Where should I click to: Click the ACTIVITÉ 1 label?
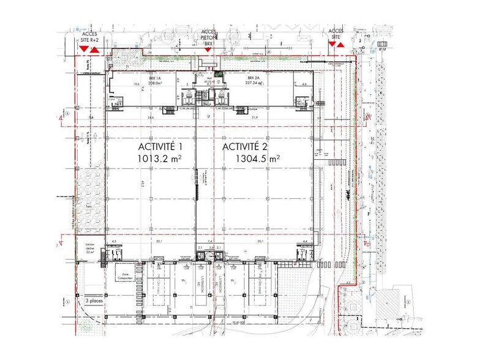160,147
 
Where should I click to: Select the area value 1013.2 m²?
160,159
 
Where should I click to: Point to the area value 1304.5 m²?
258,159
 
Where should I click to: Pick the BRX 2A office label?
255,79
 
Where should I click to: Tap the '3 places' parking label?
94,301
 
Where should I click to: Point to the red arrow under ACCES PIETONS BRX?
208,50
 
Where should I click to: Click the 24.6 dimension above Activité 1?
150,117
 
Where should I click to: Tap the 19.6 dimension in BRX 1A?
121,84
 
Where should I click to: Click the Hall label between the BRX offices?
208,79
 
